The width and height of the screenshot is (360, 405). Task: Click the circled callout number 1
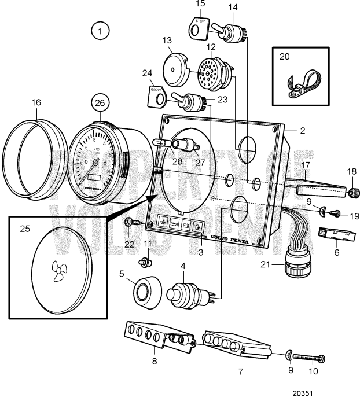point(100,31)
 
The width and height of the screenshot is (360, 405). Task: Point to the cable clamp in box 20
point(301,79)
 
